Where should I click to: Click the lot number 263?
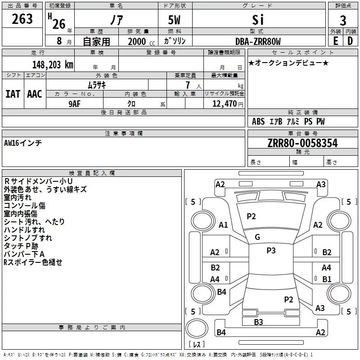[22, 19]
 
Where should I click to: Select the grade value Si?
[258, 20]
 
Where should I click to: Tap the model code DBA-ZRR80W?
[258, 41]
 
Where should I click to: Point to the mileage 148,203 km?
[53, 64]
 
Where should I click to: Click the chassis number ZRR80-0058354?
[302, 143]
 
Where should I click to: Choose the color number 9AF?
[75, 104]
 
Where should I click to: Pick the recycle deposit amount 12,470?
[225, 103]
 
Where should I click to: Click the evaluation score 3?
[343, 21]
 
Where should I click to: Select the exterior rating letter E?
[335, 41]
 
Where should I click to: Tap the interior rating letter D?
[350, 41]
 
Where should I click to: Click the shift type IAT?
[13, 94]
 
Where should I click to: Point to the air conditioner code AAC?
[35, 94]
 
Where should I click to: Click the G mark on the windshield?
[257, 237]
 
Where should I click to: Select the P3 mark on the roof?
[271, 250]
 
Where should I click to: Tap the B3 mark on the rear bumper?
[258, 322]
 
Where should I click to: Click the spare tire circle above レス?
[197, 328]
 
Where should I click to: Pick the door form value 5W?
[174, 20]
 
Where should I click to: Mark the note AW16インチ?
[23, 143]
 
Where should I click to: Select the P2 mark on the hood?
[251, 216]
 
